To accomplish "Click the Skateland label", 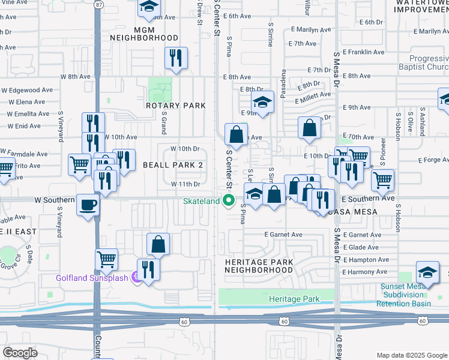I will (x=202, y=201).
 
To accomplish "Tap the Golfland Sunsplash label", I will (x=94, y=278).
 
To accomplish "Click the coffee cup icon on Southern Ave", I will (x=88, y=205).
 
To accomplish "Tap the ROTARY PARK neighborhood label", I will (x=176, y=106).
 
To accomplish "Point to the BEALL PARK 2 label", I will (x=173, y=165).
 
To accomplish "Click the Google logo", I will (x=20, y=352).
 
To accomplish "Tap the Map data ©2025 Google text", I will (x=411, y=355).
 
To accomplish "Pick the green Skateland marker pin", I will (x=228, y=201).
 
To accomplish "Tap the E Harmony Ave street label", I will (x=365, y=272).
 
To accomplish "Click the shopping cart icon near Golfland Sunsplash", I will (x=106, y=260).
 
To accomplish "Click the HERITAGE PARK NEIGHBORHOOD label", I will (x=259, y=266).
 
